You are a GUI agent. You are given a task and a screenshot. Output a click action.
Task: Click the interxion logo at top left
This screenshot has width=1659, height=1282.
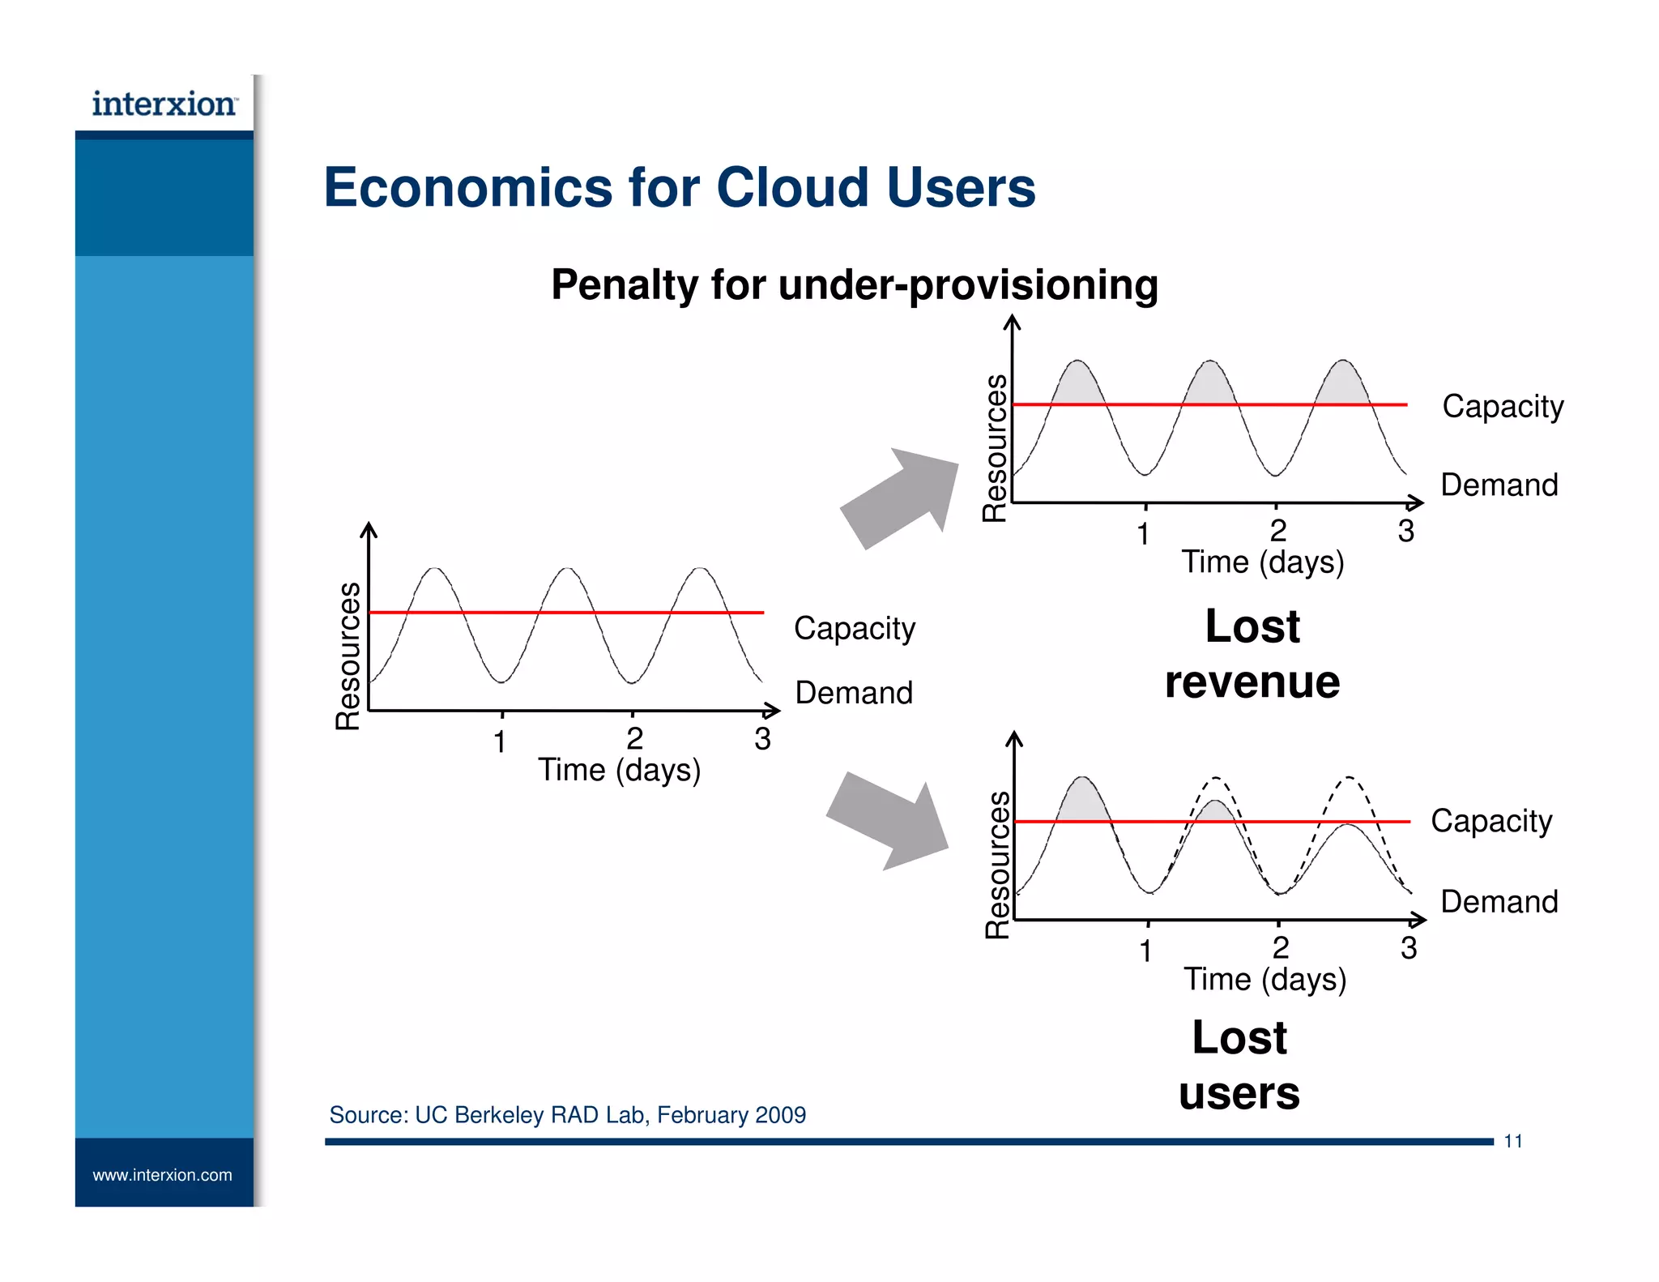coord(164,105)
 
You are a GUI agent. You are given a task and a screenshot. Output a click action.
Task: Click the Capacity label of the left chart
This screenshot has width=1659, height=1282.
coord(854,629)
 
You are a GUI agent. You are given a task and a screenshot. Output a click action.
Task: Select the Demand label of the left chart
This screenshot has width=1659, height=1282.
coord(854,694)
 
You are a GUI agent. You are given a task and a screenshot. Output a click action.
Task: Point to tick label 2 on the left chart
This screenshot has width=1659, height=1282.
coord(634,738)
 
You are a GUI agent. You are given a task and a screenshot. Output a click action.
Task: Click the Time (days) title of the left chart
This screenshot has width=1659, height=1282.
coord(619,770)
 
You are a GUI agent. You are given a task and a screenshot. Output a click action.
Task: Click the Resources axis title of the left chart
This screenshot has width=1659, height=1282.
coord(348,656)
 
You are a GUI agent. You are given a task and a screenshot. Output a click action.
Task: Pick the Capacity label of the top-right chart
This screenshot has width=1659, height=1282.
coord(1502,407)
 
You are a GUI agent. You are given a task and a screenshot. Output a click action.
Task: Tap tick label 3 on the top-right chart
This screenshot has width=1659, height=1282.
coord(1405,532)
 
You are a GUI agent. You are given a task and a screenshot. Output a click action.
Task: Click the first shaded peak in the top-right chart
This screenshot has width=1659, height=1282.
coord(1077,384)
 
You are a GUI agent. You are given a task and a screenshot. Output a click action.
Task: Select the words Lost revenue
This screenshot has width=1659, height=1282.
coord(1252,654)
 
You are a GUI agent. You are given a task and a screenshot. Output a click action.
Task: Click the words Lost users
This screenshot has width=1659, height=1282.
coord(1239,1065)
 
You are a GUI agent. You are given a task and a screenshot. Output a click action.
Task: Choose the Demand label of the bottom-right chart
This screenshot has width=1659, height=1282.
coord(1499,902)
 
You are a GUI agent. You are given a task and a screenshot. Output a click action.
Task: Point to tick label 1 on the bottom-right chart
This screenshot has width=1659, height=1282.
coord(1145,951)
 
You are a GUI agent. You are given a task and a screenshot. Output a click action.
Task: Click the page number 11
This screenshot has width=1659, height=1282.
coord(1512,1142)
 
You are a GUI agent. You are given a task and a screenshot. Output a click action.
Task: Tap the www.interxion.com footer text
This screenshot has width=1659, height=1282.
coord(162,1175)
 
